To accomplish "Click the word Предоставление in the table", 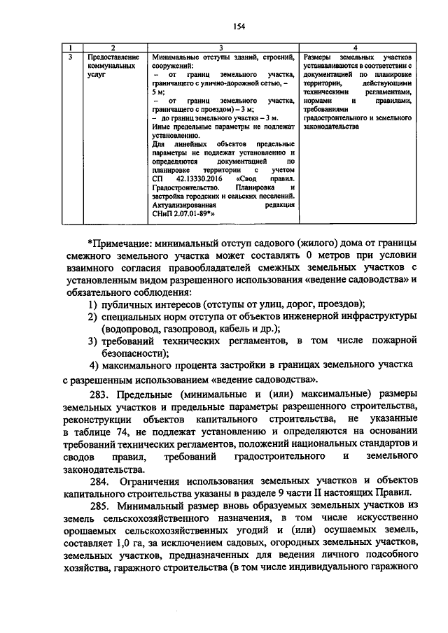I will point(112,56).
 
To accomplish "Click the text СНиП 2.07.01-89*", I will point(183,215).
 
